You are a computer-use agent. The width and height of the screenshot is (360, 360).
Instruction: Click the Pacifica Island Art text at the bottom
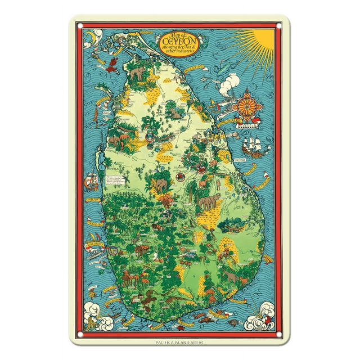pos(180,341)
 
